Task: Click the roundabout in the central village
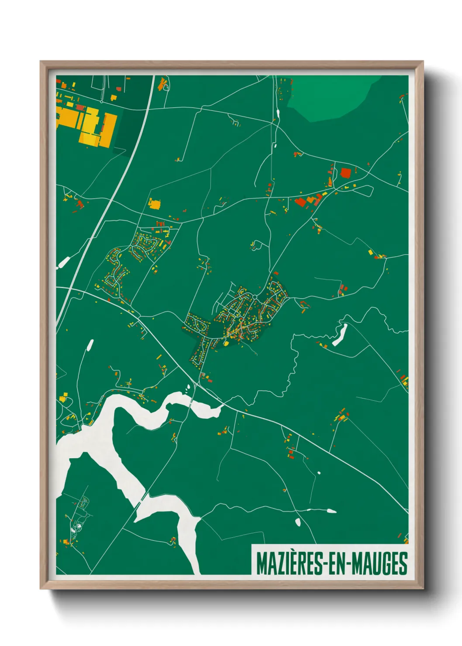254,297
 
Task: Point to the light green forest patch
332,98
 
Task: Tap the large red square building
345,173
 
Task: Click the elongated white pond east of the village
340,335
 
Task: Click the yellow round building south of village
226,344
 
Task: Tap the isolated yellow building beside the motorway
155,204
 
